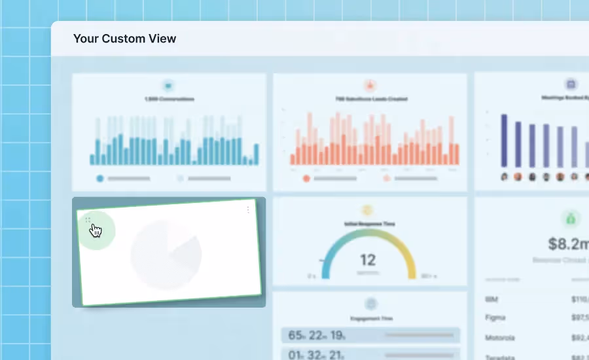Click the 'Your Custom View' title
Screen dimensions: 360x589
point(124,39)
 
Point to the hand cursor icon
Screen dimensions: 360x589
point(96,230)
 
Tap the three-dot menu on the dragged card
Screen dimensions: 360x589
point(248,210)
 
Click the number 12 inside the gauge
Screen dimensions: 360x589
point(367,260)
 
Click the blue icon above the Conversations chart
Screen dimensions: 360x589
point(169,85)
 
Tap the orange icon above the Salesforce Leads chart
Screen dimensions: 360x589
point(370,85)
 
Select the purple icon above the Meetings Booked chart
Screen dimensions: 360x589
point(570,84)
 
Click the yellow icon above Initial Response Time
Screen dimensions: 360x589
point(368,210)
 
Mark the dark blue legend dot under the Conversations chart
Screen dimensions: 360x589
point(100,178)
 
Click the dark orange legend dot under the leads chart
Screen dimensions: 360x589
point(306,178)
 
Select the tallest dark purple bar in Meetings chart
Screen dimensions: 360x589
point(504,141)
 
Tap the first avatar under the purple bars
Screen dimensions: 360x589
point(504,177)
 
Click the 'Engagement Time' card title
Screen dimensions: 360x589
point(370,319)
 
